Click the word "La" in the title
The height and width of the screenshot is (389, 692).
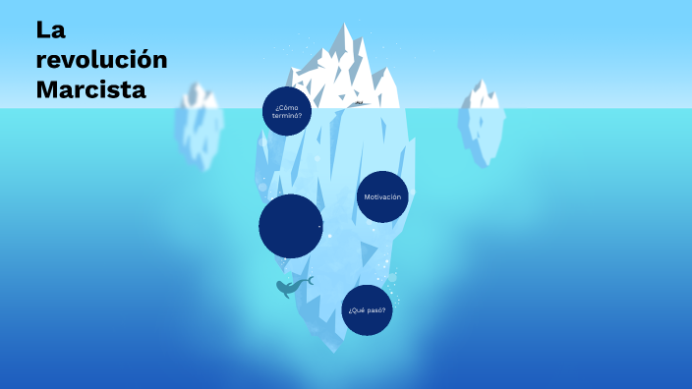pyautogui.click(x=51, y=29)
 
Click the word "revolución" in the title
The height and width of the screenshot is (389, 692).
pyautogui.click(x=101, y=59)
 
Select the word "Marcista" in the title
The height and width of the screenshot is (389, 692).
pyautogui.click(x=90, y=90)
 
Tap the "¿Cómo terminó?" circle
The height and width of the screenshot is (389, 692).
pyautogui.click(x=287, y=111)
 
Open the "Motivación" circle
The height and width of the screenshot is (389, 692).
pyautogui.click(x=382, y=196)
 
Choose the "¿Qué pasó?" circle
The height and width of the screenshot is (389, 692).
pyautogui.click(x=368, y=310)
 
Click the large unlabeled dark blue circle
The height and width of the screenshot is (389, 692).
pyautogui.click(x=291, y=226)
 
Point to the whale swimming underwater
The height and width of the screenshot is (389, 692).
pyautogui.click(x=290, y=287)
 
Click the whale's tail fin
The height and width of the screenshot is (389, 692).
pyautogui.click(x=309, y=281)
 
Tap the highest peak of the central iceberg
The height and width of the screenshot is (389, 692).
pyautogui.click(x=345, y=27)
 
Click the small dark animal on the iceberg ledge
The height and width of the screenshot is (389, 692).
pyautogui.click(x=360, y=102)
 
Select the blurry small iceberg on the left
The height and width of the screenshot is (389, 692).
pyautogui.click(x=201, y=128)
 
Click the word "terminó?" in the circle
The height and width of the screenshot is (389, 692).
pyautogui.click(x=287, y=116)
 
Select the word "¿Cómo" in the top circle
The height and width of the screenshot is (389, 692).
pyautogui.click(x=287, y=106)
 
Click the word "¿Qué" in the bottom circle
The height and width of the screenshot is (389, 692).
pyautogui.click(x=357, y=310)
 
